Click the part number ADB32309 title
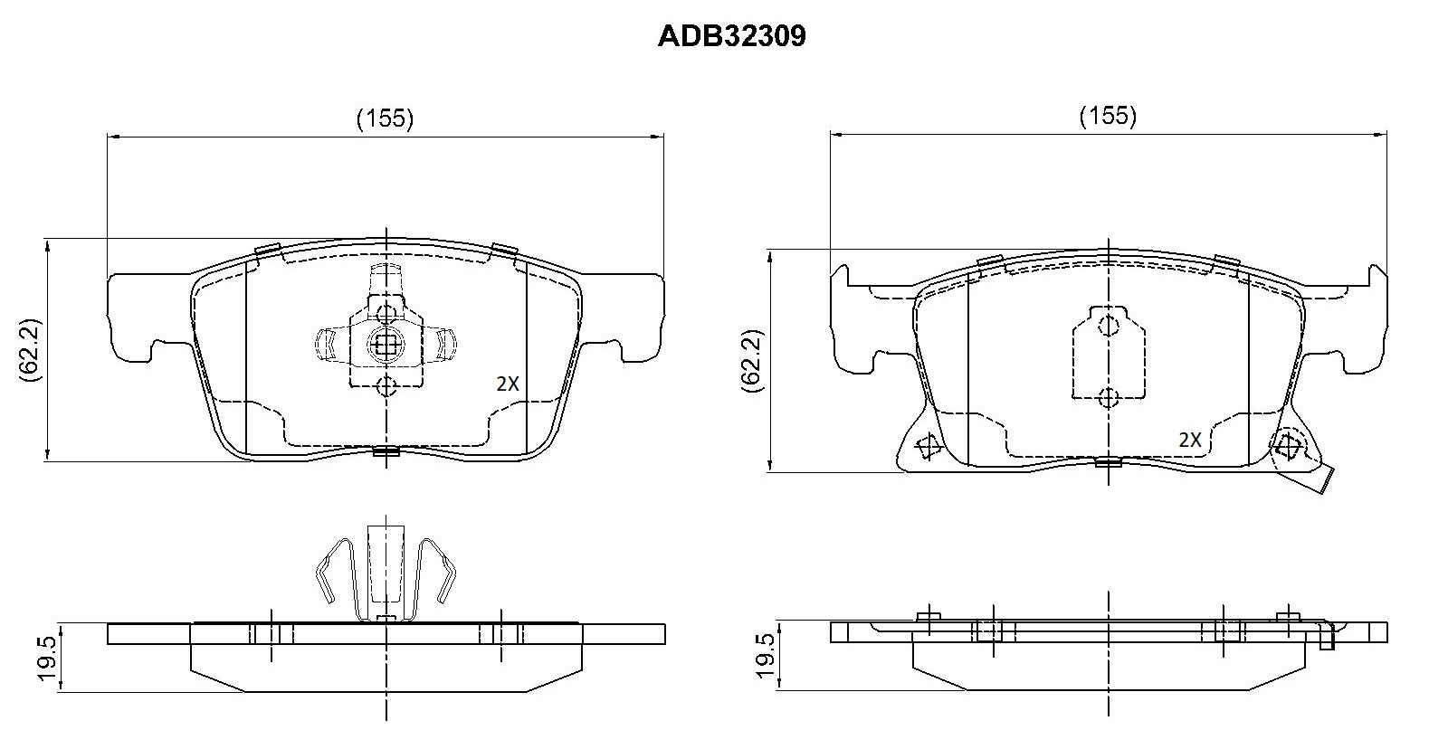point(731,36)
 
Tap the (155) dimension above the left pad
point(385,119)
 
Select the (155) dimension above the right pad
point(1108,116)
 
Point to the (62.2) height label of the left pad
point(30,349)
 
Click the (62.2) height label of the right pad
point(752,361)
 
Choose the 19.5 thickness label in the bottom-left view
point(46,658)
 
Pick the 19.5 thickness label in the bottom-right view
point(766,656)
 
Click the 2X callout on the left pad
point(508,384)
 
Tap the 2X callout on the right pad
point(1190,440)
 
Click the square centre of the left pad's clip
point(386,345)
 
